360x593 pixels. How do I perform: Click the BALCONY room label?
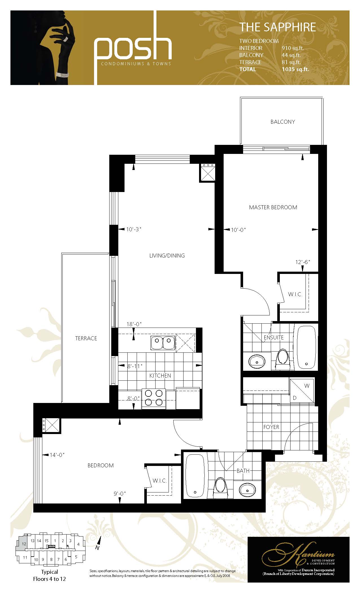pyautogui.click(x=283, y=122)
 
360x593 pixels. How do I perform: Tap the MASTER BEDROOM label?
pyautogui.click(x=273, y=207)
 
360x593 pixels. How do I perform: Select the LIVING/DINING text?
pyautogui.click(x=167, y=256)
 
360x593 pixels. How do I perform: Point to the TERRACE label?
pyautogui.click(x=86, y=338)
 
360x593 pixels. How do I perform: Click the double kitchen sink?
pyautogui.click(x=163, y=343)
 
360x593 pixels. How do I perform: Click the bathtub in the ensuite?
pyautogui.click(x=306, y=347)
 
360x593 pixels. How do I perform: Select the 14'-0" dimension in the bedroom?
pyautogui.click(x=57, y=455)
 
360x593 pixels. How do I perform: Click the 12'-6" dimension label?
pyautogui.click(x=303, y=262)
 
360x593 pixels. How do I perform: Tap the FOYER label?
pyautogui.click(x=271, y=427)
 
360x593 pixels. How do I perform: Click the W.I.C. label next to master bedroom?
pyautogui.click(x=295, y=294)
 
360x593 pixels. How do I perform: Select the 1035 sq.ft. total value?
pyautogui.click(x=295, y=69)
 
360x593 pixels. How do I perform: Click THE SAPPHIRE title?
pyautogui.click(x=278, y=27)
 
